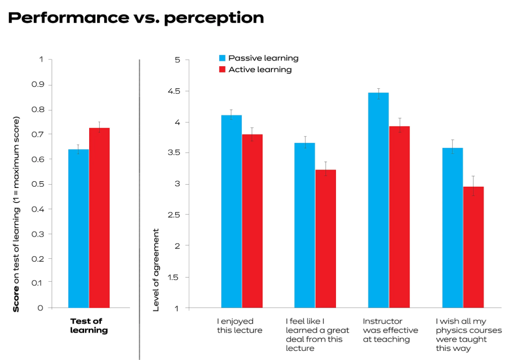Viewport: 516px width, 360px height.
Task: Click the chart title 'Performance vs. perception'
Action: point(136,18)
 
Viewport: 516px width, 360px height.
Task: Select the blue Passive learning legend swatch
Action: point(222,58)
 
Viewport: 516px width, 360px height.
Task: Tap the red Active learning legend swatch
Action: point(222,69)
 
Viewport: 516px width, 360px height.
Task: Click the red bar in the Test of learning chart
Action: point(99,218)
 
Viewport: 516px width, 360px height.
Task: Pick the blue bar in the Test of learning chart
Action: point(79,228)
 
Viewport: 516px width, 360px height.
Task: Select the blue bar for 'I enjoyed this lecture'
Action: point(232,211)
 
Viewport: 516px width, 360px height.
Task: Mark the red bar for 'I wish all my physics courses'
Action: point(473,247)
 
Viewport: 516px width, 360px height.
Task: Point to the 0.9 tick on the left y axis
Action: point(38,85)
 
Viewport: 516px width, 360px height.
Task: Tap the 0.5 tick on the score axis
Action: point(38,184)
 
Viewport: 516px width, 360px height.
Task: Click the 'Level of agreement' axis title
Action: point(156,270)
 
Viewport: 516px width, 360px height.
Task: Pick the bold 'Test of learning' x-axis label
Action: point(89,326)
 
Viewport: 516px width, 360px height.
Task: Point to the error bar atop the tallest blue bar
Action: point(379,93)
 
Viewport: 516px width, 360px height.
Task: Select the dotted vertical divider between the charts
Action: point(139,209)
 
